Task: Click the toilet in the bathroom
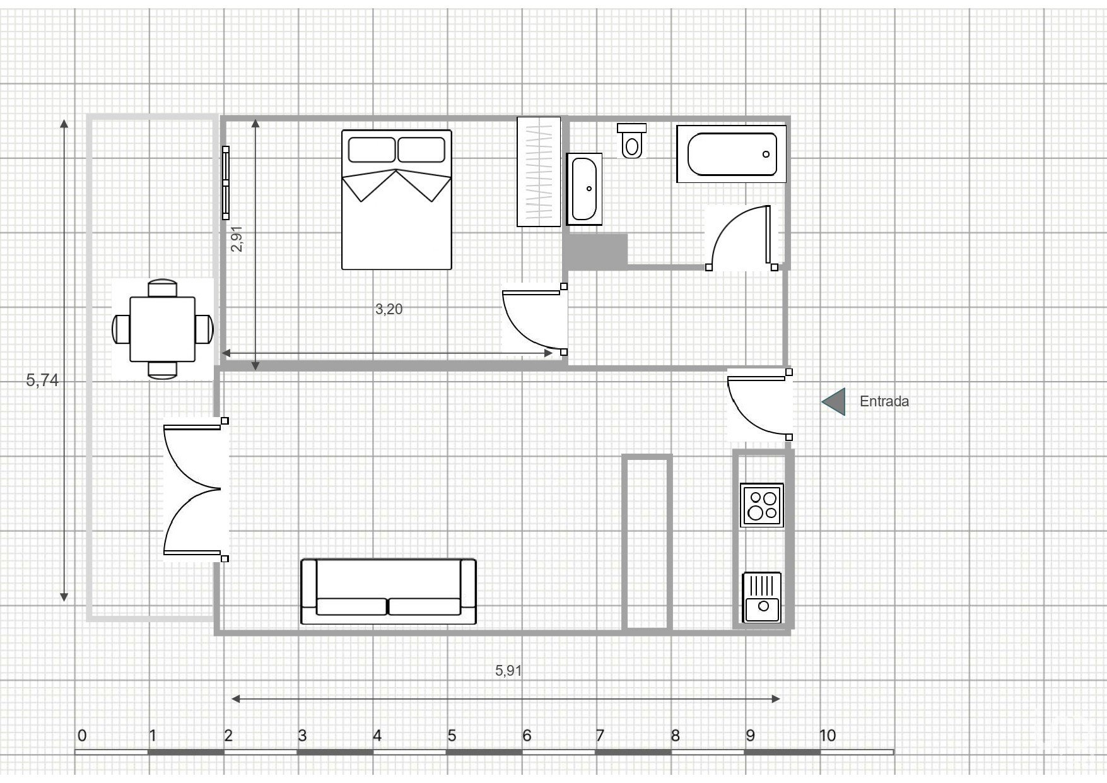coord(631,140)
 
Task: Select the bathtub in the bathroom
coord(731,154)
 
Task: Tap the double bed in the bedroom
coord(397,200)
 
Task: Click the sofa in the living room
coord(389,591)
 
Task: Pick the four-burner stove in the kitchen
coord(762,505)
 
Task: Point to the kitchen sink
coord(762,597)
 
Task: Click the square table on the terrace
coord(163,329)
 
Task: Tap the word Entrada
coord(884,401)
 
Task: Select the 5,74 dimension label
coord(42,380)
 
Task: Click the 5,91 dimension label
coord(508,671)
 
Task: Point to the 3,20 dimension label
coord(389,309)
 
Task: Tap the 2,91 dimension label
coord(237,239)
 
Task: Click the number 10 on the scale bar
coord(828,735)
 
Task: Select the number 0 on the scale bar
coord(82,735)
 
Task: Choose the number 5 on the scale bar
coord(452,735)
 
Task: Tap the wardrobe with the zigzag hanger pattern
coord(539,172)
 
